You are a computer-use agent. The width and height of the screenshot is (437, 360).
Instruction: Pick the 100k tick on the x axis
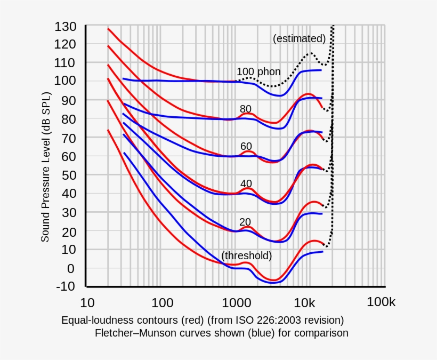click(x=381, y=302)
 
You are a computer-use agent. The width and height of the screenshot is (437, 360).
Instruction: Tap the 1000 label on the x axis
click(x=233, y=303)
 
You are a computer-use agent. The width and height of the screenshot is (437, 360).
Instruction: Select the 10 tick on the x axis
click(x=87, y=303)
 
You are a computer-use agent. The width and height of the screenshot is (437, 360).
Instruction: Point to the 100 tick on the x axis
click(x=162, y=303)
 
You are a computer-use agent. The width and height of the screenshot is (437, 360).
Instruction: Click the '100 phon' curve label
click(x=258, y=72)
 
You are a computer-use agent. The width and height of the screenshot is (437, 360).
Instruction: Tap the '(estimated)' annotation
click(x=299, y=38)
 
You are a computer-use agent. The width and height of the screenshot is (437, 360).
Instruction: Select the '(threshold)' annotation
click(x=247, y=255)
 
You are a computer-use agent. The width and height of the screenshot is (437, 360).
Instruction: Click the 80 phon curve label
click(x=246, y=109)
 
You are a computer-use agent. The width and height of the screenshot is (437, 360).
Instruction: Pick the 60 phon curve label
click(x=246, y=146)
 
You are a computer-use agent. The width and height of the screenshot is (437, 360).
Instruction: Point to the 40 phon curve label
click(x=246, y=183)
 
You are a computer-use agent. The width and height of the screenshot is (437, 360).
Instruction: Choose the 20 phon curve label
click(x=245, y=222)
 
